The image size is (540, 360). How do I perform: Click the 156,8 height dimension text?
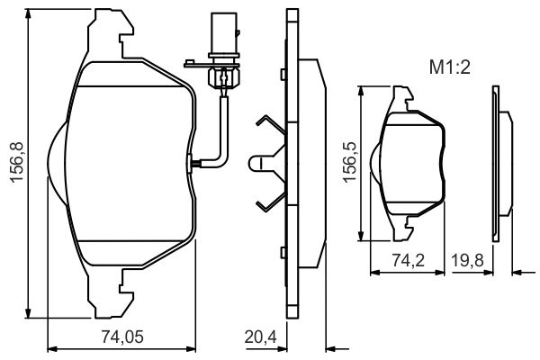(16, 162)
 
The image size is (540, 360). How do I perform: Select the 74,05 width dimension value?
(122, 337)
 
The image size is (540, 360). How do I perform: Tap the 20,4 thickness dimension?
(261, 337)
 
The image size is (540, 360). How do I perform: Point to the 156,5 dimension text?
(349, 162)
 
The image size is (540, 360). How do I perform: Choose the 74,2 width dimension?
(408, 260)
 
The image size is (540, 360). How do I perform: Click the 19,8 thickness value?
(467, 260)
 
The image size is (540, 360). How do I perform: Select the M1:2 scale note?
(449, 67)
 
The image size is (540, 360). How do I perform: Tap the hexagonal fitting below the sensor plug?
(223, 76)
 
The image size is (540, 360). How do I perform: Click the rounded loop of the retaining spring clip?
(254, 162)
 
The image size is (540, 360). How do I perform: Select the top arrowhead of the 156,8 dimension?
(28, 14)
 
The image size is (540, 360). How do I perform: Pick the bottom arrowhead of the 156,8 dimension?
(28, 313)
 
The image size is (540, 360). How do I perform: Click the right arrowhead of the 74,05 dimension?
(191, 349)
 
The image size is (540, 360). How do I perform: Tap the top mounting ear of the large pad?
(111, 33)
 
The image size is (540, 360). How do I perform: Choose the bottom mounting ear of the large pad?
(111, 292)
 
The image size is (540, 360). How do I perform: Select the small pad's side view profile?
(502, 164)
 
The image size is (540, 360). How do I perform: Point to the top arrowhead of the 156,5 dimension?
(361, 91)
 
